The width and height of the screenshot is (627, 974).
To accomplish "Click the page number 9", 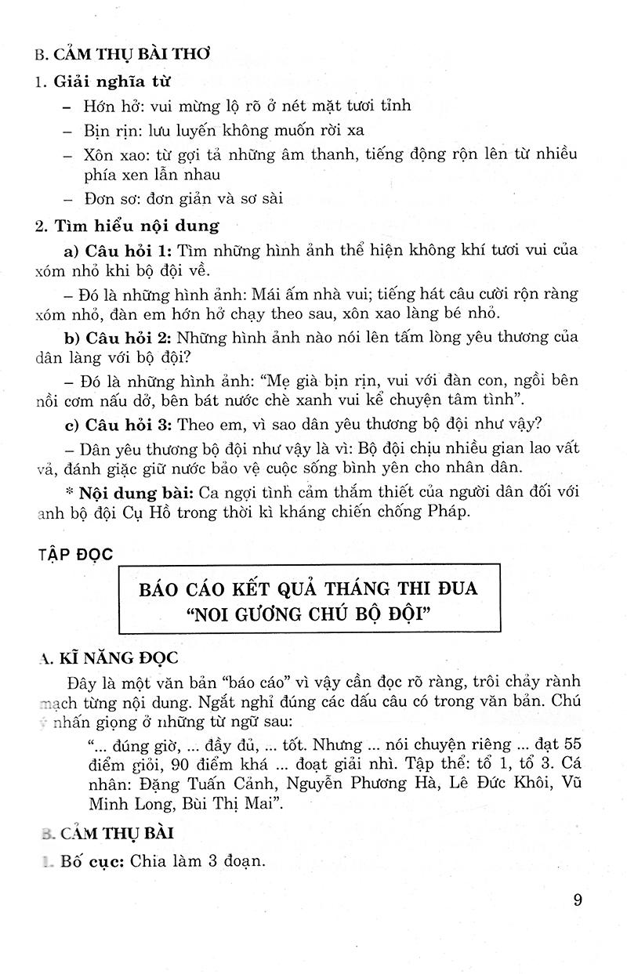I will coord(578,900).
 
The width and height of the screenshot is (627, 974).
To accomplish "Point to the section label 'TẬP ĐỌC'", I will coord(74,554).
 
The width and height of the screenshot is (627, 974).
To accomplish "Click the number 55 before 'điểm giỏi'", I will coord(566,742).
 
